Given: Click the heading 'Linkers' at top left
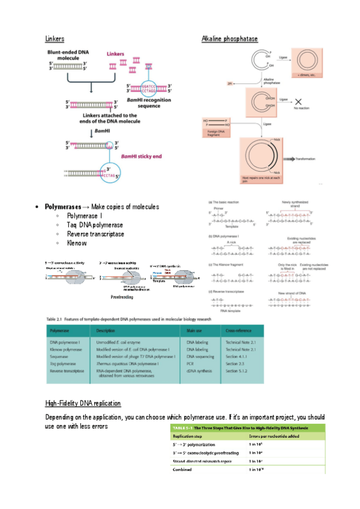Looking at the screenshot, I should (x=55, y=39).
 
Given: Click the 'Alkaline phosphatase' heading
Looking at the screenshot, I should (x=229, y=39).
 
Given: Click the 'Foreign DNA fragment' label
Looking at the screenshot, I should (x=215, y=132).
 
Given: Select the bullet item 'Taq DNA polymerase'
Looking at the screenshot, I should (x=95, y=224).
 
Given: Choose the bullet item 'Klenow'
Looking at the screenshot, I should (x=77, y=243).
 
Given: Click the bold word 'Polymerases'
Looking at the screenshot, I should (x=62, y=206).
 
